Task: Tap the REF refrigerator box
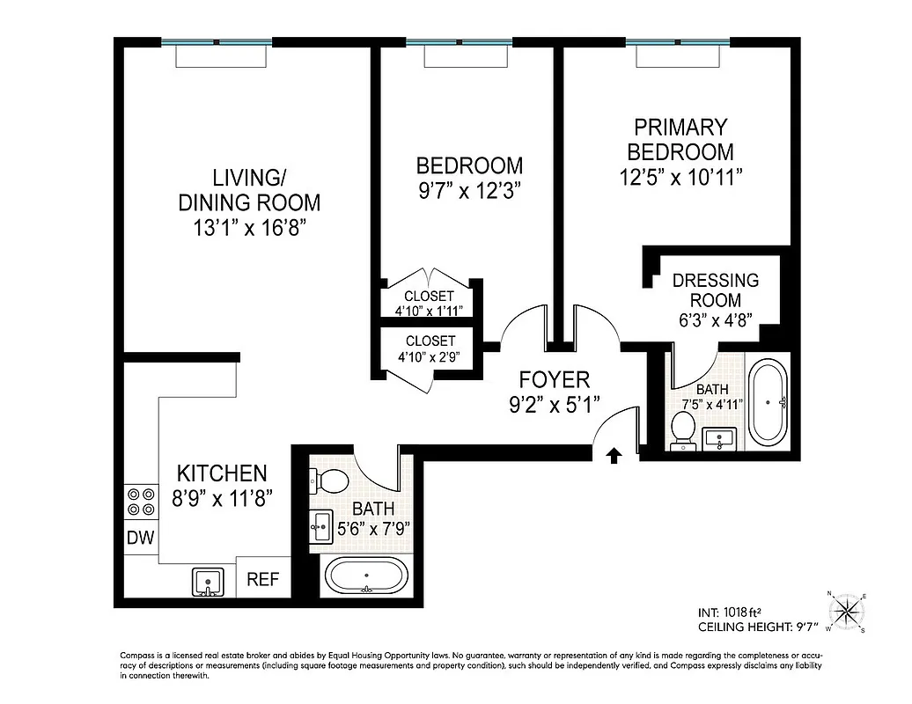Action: pyautogui.click(x=262, y=580)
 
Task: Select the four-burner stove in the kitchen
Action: pyautogui.click(x=141, y=502)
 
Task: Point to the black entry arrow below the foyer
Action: pyautogui.click(x=614, y=454)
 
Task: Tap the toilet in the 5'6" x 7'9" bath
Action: pyautogui.click(x=329, y=481)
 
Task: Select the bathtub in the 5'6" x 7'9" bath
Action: pyautogui.click(x=367, y=578)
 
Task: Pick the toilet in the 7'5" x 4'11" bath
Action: pyautogui.click(x=683, y=430)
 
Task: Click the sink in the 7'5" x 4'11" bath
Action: pyautogui.click(x=723, y=436)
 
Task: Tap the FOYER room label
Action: pyautogui.click(x=554, y=380)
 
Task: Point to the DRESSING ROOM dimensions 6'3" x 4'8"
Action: pyautogui.click(x=715, y=320)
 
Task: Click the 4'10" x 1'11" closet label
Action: pyautogui.click(x=429, y=311)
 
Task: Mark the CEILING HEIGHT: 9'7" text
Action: pyautogui.click(x=757, y=627)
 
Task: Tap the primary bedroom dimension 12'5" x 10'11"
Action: pyautogui.click(x=680, y=176)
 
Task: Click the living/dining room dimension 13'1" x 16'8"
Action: pyautogui.click(x=249, y=228)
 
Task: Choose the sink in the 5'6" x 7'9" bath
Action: pyautogui.click(x=321, y=527)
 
